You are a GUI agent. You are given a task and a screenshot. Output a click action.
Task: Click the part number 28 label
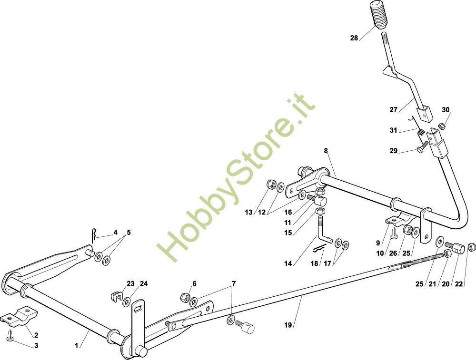(x=354, y=38)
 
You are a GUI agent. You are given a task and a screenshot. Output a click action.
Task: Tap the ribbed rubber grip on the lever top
(x=379, y=17)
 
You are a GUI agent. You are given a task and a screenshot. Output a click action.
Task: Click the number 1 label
(x=77, y=346)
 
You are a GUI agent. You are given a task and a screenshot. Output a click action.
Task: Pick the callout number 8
(x=326, y=151)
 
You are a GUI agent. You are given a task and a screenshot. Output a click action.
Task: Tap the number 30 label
(x=446, y=109)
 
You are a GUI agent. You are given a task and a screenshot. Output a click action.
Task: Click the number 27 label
(x=393, y=110)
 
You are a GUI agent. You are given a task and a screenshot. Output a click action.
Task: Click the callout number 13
(x=249, y=212)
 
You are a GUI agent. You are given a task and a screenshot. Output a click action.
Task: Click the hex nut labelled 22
(x=472, y=246)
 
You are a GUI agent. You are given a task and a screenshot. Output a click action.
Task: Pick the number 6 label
(x=194, y=283)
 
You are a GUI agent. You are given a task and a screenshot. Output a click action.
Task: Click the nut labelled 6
(x=185, y=298)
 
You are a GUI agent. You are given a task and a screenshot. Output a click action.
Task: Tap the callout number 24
(x=144, y=284)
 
